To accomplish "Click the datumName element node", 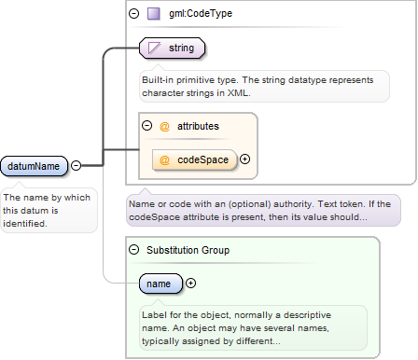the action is [x=34, y=166].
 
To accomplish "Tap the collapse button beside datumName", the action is [x=76, y=165].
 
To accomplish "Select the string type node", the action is [x=172, y=48].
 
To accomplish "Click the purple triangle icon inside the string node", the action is [x=154, y=48].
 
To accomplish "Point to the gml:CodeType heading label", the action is [x=201, y=13].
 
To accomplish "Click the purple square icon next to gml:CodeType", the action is [x=154, y=14].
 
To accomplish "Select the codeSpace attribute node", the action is [x=195, y=159].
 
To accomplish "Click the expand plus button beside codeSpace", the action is [x=245, y=159].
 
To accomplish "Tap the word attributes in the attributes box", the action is [x=198, y=126].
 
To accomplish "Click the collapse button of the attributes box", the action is [x=146, y=126].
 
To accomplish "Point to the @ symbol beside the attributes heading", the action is [x=164, y=127].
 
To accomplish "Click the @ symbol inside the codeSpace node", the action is [x=164, y=160].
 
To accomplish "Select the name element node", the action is [x=160, y=284].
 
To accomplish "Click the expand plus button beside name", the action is [x=190, y=283].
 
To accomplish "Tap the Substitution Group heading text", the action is [x=188, y=250].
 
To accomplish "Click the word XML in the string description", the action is [x=239, y=93].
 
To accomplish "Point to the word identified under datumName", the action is [x=25, y=224].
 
